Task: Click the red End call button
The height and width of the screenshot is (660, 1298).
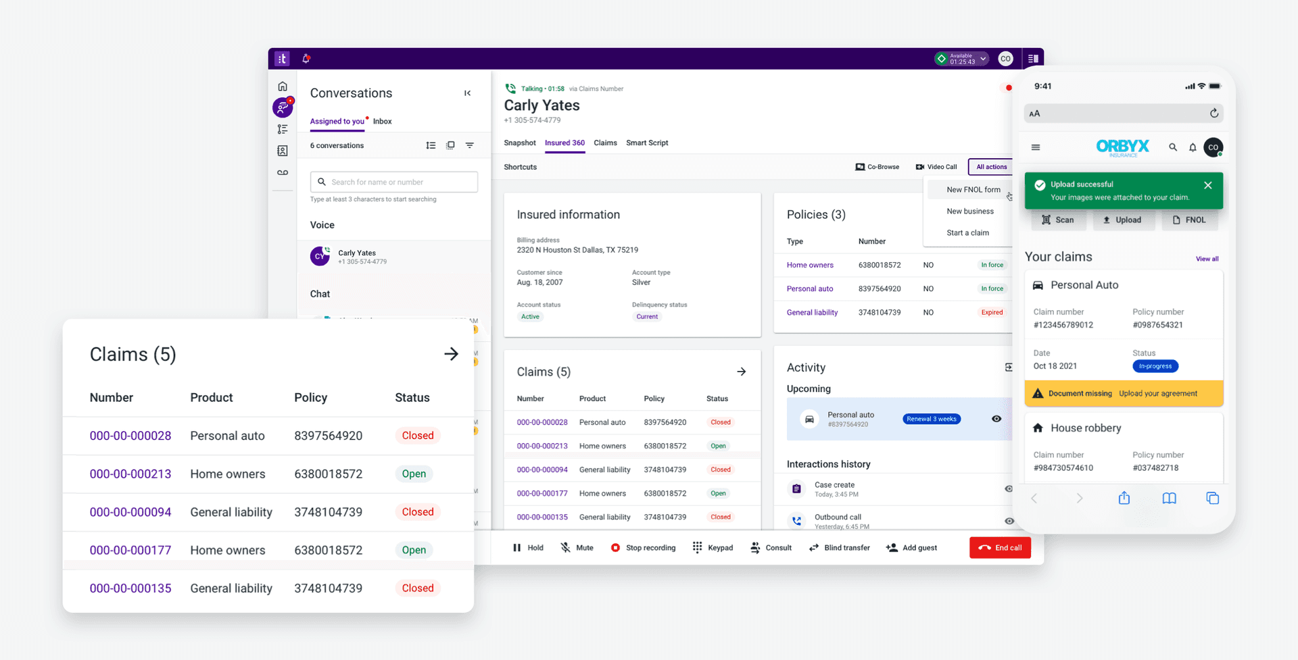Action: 1000,548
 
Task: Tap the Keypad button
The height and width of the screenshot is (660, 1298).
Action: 713,548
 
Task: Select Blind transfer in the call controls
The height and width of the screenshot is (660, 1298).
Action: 839,548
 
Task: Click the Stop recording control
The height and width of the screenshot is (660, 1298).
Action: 643,548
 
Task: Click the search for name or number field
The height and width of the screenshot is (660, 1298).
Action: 394,182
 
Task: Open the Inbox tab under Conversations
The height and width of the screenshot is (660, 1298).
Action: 382,122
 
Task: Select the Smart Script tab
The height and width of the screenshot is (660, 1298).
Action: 647,143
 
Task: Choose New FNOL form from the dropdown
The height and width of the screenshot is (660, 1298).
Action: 973,190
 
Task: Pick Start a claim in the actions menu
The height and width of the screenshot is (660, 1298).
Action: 967,233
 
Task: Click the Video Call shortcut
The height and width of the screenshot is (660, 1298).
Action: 936,167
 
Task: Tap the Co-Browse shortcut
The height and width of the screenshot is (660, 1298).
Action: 877,167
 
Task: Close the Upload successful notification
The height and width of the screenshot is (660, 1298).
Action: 1207,185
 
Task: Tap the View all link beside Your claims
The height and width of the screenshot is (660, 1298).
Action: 1207,259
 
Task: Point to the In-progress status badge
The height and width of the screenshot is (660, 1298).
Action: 1155,366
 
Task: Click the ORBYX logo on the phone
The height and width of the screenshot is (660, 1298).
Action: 1122,147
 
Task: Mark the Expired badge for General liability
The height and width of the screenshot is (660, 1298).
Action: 992,313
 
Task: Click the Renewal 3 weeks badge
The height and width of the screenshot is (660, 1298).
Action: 931,419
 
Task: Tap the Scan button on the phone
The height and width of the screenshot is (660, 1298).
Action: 1058,220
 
